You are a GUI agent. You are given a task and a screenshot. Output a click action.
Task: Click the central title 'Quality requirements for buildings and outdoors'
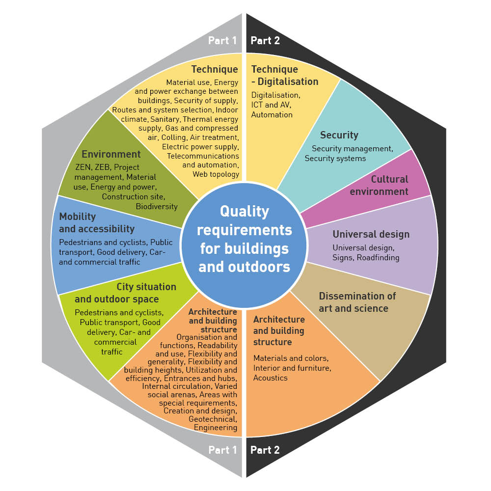click(245, 239)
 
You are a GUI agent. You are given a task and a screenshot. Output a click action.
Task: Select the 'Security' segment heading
click(339, 135)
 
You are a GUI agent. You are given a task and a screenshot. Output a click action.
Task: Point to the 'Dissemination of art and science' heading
click(357, 302)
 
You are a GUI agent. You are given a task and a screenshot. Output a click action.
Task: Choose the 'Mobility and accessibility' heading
click(97, 222)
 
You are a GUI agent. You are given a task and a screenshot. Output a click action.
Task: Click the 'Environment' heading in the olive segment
click(111, 155)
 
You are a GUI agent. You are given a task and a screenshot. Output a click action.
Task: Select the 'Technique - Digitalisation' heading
click(285, 75)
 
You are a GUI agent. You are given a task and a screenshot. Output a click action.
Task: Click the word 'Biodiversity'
click(157, 206)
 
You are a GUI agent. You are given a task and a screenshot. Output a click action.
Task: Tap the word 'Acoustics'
click(270, 378)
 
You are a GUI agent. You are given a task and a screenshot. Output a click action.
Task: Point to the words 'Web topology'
click(216, 174)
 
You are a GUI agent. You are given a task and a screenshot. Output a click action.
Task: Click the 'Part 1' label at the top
click(222, 41)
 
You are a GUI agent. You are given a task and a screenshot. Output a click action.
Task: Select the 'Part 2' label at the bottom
click(265, 450)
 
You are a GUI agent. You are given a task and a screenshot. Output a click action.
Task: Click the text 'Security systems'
click(335, 158)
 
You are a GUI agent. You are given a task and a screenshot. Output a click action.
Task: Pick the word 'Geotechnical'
click(213, 419)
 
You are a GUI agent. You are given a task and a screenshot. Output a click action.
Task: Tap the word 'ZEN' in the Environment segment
click(83, 167)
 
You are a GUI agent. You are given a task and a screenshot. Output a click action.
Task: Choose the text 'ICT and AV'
click(271, 105)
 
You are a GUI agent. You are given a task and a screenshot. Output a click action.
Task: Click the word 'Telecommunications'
click(203, 155)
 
